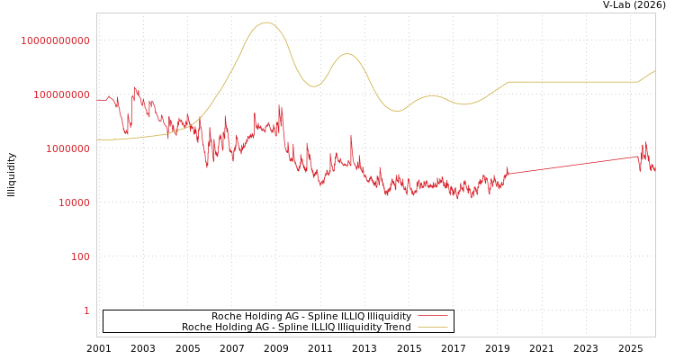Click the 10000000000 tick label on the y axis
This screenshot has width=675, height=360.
point(55,40)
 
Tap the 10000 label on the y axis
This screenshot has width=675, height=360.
point(74,202)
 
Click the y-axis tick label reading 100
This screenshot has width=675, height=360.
point(81,256)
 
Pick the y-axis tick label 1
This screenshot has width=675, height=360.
point(86,310)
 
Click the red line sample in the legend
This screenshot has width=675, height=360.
point(433,317)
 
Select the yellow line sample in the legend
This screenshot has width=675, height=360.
point(433,328)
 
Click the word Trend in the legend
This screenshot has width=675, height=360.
point(397,328)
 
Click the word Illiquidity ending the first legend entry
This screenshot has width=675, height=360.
point(389,317)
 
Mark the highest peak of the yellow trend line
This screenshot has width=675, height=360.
point(265,22)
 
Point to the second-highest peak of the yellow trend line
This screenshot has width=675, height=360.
point(347,54)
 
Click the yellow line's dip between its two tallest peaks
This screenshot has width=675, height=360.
point(312,86)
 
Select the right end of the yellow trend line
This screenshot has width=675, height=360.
point(654,70)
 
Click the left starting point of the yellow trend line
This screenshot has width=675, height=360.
point(97,139)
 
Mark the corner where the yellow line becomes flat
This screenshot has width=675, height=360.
point(509,82)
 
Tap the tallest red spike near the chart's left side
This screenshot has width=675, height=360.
point(134,87)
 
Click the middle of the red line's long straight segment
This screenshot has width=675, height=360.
point(573,165)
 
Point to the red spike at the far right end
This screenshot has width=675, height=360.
point(644,142)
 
